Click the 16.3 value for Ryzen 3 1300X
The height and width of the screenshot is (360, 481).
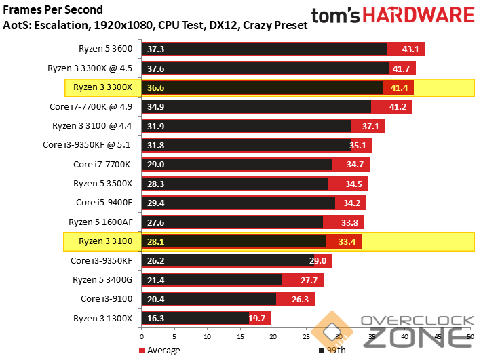[x=155, y=318]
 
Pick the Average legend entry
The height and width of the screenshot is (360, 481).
[x=159, y=350]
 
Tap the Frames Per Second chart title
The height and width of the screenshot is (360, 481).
[x=54, y=9]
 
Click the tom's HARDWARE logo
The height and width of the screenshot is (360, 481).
[x=393, y=16]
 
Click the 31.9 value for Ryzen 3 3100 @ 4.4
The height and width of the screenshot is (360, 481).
[x=155, y=126]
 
